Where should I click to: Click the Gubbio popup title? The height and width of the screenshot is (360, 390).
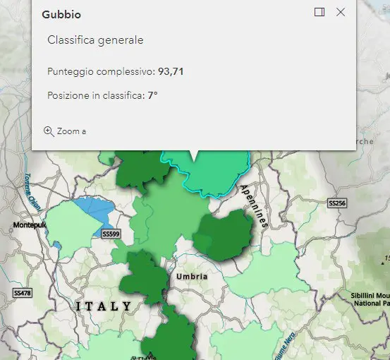61,13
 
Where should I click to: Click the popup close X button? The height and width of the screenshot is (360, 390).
341,12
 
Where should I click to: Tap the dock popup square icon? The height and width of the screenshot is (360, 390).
319,12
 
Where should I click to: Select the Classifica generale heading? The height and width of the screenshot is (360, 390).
95,40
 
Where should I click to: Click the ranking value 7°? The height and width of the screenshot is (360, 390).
152,95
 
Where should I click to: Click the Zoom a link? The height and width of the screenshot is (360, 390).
71,131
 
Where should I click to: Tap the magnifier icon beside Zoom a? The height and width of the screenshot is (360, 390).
49,131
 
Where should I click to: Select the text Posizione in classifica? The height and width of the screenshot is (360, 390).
95,95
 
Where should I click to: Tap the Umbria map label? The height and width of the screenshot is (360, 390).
192,276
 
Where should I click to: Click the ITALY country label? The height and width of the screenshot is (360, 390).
103,306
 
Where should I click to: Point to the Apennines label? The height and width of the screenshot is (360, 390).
254,205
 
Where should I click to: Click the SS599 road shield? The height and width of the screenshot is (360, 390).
111,234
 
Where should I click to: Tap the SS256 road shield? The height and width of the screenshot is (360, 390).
337,203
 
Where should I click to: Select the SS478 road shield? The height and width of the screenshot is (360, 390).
22,292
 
